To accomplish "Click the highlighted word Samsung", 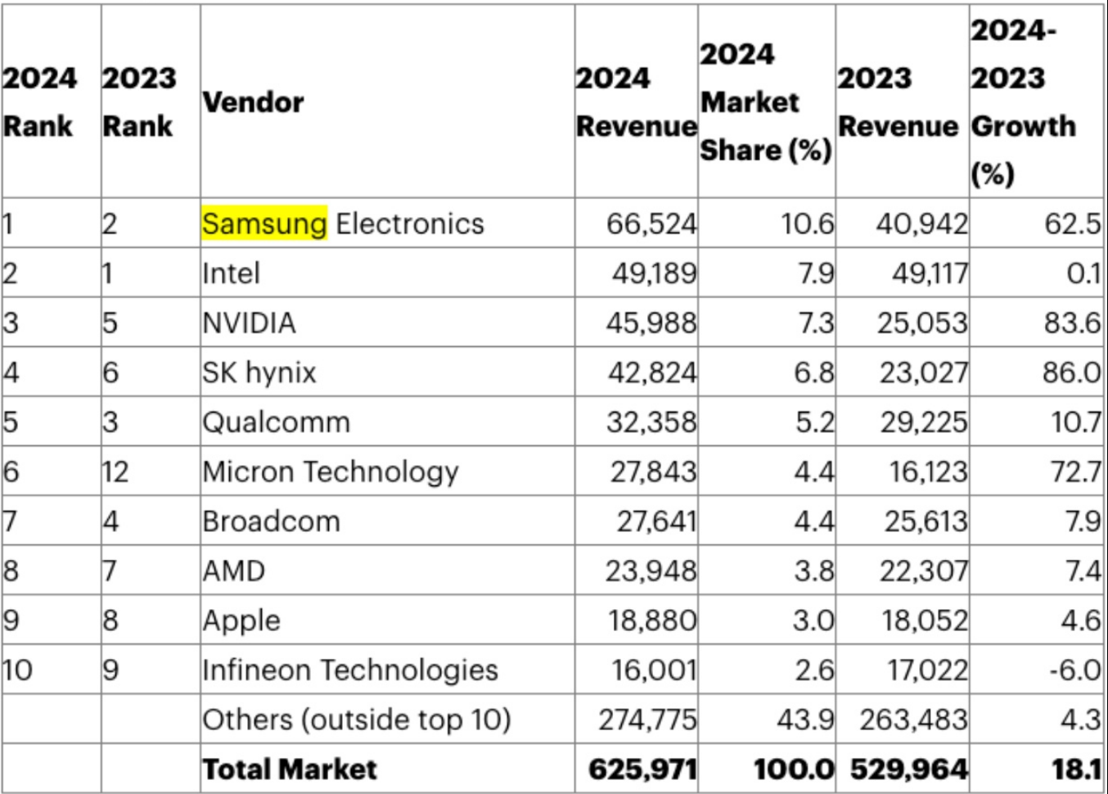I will pyautogui.click(x=264, y=223).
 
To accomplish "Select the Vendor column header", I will pyautogui.click(x=253, y=102).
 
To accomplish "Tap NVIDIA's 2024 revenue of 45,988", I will pyautogui.click(x=651, y=323).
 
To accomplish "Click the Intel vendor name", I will pyautogui.click(x=231, y=273).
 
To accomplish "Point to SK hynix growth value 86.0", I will pyautogui.click(x=1071, y=372).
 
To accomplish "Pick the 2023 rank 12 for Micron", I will pyautogui.click(x=115, y=472).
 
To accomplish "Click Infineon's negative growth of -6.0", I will pyautogui.click(x=1074, y=670).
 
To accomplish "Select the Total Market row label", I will pyautogui.click(x=290, y=769).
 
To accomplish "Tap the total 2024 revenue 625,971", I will pyautogui.click(x=642, y=769).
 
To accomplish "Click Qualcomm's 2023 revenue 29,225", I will pyautogui.click(x=923, y=422).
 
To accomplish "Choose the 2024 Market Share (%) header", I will pyautogui.click(x=765, y=102).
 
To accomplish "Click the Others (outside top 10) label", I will pyautogui.click(x=357, y=720).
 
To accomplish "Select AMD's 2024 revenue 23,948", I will pyautogui.click(x=651, y=571).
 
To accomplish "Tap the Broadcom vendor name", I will pyautogui.click(x=271, y=521).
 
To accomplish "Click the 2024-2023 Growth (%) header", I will pyautogui.click(x=1023, y=102).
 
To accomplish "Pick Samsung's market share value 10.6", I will pyautogui.click(x=807, y=223).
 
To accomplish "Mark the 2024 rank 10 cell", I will pyautogui.click(x=17, y=670).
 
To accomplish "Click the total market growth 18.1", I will pyautogui.click(x=1076, y=769).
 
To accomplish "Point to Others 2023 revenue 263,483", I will pyautogui.click(x=913, y=720).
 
